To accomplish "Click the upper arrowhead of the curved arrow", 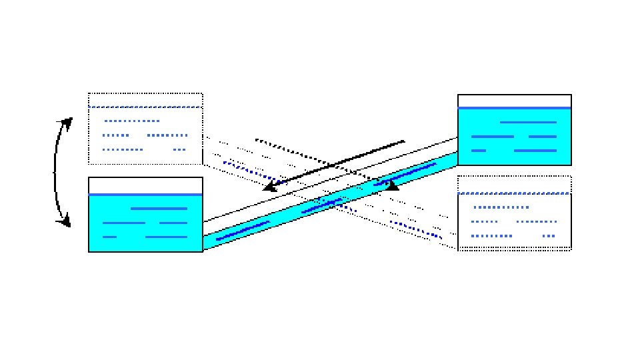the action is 67,121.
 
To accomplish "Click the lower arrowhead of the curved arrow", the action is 65,221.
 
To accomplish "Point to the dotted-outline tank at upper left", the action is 145,128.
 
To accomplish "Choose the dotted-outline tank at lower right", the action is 514,212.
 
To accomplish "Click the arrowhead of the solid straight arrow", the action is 270,187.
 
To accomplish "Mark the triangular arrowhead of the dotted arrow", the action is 392,185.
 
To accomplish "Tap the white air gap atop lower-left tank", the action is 145,185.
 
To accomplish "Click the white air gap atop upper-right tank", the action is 514,101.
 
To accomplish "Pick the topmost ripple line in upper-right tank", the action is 527,122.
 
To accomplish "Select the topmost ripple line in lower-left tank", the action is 159,209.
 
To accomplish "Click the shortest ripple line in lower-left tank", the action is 110,237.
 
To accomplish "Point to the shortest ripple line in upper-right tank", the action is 478,151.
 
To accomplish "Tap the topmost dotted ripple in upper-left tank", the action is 132,121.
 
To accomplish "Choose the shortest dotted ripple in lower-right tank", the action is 549,236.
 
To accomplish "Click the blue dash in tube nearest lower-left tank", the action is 242,230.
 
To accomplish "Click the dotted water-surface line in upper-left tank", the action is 145,107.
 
